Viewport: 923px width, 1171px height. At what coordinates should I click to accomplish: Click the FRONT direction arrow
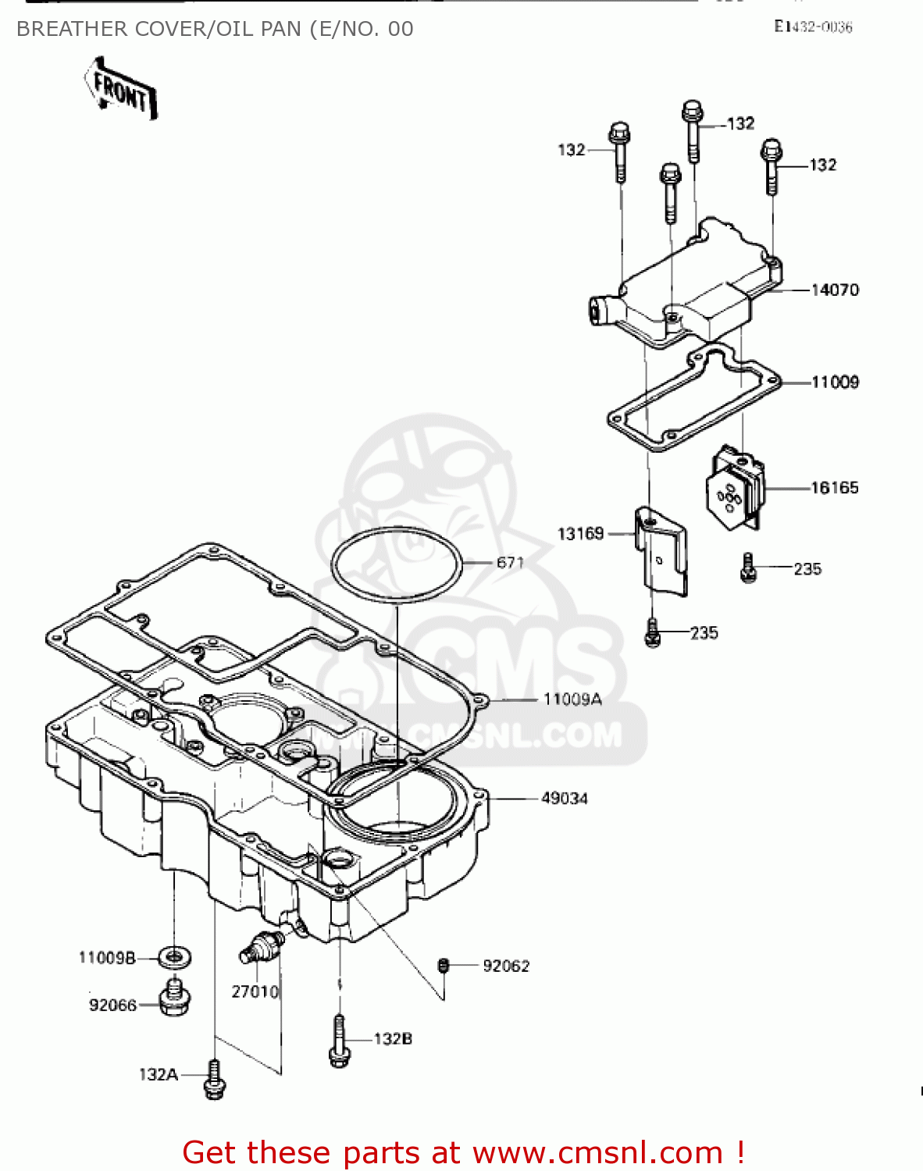point(121,89)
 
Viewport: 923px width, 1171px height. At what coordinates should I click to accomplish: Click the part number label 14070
point(835,290)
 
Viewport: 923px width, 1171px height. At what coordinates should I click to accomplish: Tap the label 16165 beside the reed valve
point(834,488)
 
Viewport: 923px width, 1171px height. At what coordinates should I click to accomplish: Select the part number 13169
point(580,534)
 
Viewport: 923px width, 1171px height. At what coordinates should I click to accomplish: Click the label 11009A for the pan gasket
point(572,699)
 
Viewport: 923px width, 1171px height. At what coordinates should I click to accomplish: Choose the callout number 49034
point(565,799)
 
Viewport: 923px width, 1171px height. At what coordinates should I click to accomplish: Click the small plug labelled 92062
point(444,966)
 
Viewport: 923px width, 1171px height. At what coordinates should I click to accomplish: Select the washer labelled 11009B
point(174,956)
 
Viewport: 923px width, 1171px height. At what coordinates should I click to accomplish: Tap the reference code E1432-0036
point(813,27)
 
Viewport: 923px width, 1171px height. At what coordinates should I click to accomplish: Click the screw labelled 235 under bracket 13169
point(653,633)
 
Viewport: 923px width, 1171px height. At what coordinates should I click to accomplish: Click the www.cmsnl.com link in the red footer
point(597,1152)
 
